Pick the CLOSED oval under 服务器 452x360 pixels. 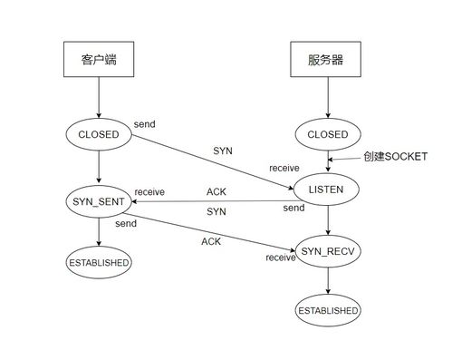(x=327, y=134)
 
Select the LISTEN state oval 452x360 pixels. (x=327, y=189)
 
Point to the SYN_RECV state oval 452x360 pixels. (x=327, y=249)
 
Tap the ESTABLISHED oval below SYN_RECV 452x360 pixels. (x=327, y=310)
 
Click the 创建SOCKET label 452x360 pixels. (x=394, y=157)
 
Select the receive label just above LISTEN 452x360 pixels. (x=284, y=169)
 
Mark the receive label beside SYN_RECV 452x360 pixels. (x=280, y=258)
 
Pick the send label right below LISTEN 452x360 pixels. (x=293, y=208)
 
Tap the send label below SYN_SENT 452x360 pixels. (x=127, y=222)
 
